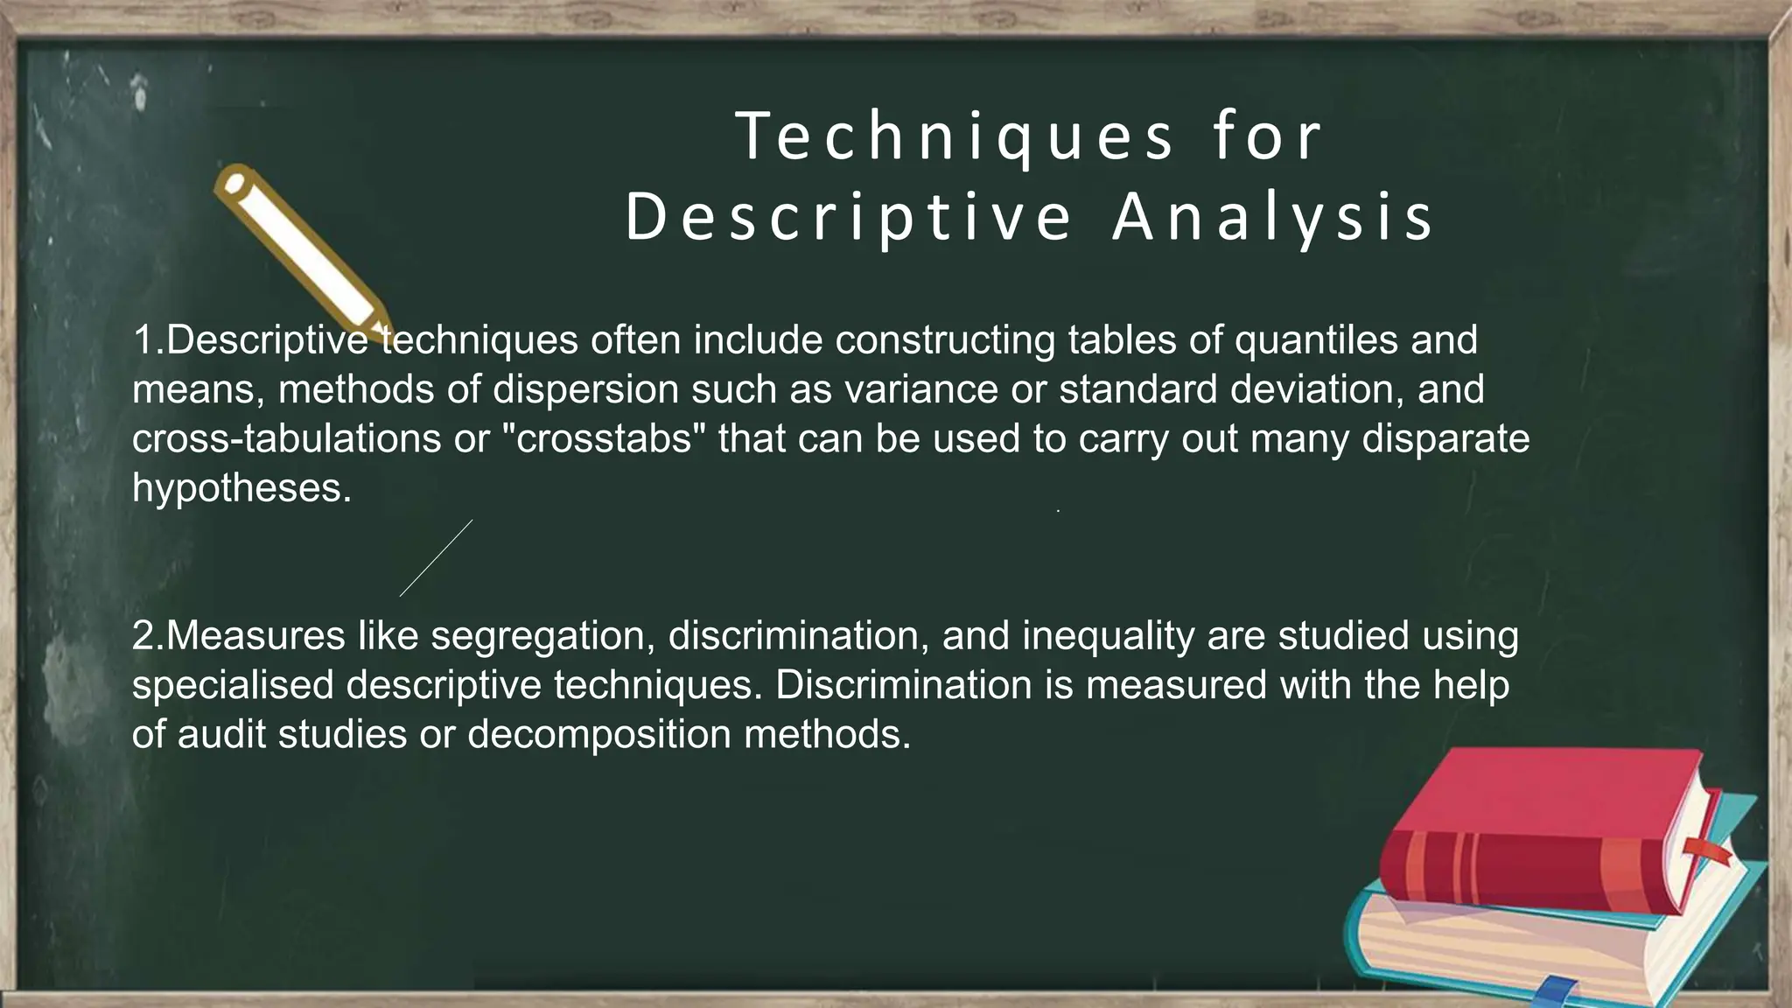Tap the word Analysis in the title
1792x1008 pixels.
1273,218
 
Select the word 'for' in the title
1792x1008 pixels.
1266,137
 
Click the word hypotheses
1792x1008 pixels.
241,488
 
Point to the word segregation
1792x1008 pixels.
543,636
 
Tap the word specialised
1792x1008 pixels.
233,685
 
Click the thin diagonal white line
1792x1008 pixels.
436,558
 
